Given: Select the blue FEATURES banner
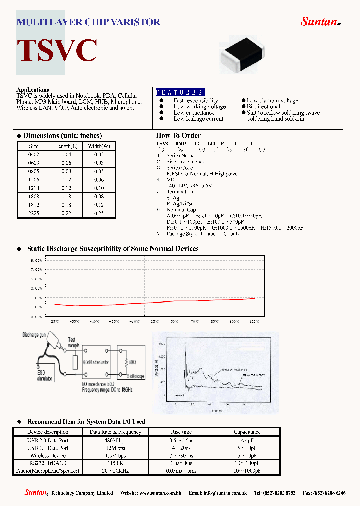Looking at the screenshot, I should pos(180,92).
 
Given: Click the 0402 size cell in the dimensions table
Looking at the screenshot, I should pos(34,155).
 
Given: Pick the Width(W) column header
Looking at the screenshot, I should pos(99,146).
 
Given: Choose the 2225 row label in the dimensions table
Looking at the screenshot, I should pos(34,214).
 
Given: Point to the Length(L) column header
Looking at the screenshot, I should pos(66,146).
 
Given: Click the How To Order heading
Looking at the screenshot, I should pos(178,135).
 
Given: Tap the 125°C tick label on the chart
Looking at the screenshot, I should pos(254,321).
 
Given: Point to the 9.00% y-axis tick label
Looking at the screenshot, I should pos(36,260).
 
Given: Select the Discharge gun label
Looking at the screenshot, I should pos(34,335).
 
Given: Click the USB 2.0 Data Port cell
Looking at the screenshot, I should pos(48,440).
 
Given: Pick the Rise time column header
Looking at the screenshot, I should pos(181,432).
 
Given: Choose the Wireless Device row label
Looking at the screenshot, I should pos(48,455).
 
